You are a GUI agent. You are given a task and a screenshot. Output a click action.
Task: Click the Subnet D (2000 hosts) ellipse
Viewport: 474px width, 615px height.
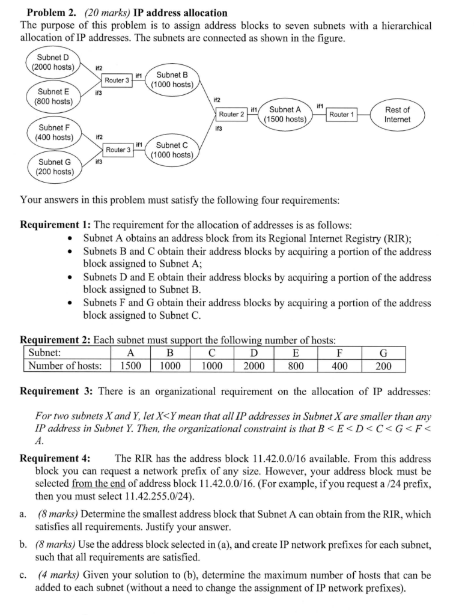[53, 62]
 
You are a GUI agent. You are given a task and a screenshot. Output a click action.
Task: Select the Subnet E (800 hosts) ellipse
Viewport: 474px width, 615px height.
[53, 96]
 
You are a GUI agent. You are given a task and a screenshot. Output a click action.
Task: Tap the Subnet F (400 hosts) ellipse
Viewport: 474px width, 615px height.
[53, 132]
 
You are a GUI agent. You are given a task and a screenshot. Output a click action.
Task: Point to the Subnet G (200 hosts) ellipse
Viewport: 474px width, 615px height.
[53, 166]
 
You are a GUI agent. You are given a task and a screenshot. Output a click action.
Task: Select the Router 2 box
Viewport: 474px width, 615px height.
[231, 114]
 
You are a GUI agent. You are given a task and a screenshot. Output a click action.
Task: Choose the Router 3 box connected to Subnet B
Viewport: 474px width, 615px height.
[117, 80]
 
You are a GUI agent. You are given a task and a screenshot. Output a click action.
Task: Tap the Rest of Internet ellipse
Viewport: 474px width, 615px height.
[397, 114]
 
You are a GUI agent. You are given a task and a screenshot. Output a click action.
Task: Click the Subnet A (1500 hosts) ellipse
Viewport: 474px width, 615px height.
[285, 114]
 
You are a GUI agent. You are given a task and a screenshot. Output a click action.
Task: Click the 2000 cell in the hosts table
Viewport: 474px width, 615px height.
[255, 366]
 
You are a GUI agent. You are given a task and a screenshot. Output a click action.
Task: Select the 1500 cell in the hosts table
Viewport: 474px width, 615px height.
[130, 366]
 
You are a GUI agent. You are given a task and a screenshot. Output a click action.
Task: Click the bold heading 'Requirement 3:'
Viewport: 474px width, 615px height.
[57, 392]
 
